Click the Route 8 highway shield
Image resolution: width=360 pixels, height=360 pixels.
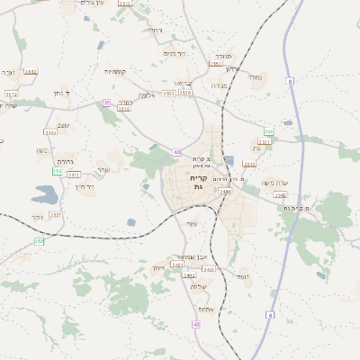291,82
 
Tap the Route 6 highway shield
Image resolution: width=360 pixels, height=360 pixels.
269,314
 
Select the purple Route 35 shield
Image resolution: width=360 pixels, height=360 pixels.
106,103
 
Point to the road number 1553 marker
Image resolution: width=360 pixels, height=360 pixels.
215,64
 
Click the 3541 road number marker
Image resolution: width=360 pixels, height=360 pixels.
249,165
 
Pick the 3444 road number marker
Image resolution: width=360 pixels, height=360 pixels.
225,192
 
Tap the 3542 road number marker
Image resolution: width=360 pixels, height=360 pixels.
280,194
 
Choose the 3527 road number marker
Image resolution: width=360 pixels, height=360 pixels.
56,215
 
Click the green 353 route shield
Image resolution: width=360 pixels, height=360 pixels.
269,132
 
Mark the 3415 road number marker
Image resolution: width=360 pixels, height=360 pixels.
75,175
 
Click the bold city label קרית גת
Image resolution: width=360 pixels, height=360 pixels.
199,183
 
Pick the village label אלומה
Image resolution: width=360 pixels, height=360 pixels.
148,94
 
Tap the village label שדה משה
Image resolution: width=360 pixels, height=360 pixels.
274,184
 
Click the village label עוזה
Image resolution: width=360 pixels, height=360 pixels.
191,223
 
